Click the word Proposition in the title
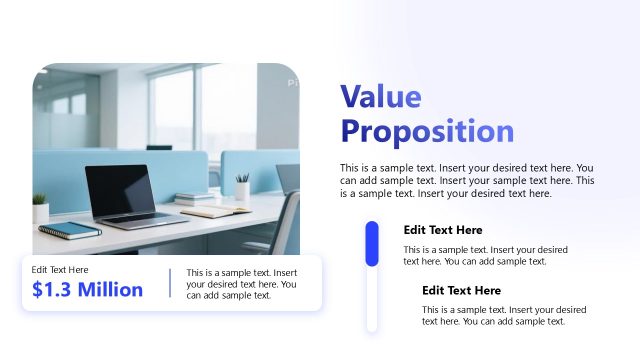427,131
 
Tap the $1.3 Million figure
87,290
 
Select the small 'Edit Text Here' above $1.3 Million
60,270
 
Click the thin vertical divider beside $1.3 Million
170,283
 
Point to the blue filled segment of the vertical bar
372,244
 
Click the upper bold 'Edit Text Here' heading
443,230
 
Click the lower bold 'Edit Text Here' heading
461,290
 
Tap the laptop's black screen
120,189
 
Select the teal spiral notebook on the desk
70,231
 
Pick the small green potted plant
40,207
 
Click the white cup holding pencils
242,189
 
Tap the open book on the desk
216,210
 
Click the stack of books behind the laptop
195,199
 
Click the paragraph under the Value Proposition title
467,181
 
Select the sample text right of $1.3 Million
241,284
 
